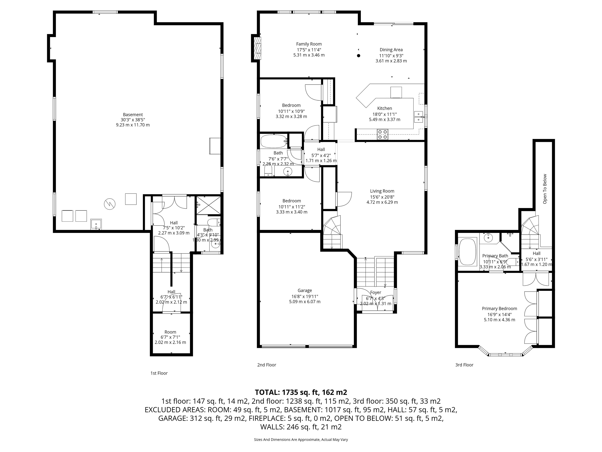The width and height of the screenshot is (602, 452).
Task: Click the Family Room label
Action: point(309,44)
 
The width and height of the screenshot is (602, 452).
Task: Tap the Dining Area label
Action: point(391,50)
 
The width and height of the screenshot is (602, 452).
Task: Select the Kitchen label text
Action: point(385,108)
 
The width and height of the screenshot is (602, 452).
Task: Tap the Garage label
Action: point(305,291)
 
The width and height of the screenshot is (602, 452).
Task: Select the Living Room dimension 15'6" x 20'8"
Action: point(382,197)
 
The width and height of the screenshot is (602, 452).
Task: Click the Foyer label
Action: point(376,292)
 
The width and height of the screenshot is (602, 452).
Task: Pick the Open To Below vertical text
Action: point(545,189)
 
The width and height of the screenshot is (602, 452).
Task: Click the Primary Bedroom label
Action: point(499,308)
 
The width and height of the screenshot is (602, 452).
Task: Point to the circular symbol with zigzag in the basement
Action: point(110,204)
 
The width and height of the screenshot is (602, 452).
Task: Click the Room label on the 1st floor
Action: point(170,332)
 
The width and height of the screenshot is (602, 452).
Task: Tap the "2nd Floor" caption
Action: point(267,365)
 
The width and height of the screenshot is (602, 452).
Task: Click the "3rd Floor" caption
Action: point(464,365)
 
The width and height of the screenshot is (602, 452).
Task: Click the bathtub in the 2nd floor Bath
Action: point(274,141)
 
